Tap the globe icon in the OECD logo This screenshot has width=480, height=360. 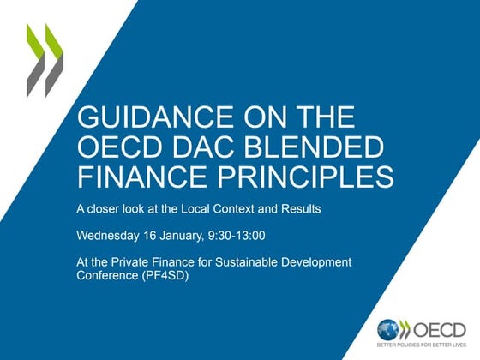(x=389, y=329)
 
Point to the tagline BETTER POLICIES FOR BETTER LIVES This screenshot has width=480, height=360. (x=421, y=345)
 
